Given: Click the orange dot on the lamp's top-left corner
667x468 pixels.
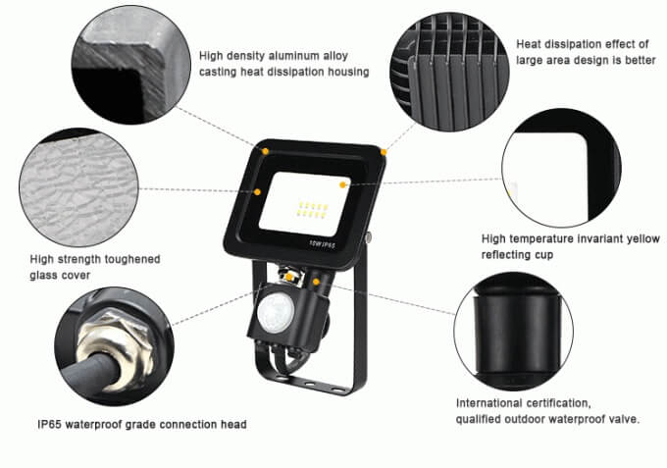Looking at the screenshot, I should tap(266, 151).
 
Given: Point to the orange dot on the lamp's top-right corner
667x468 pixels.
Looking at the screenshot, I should tap(385, 152).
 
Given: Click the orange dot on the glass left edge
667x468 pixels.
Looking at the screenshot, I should tap(257, 192).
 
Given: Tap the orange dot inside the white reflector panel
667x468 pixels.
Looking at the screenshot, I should tap(342, 183).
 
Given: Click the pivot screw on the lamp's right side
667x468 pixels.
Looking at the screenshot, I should tap(371, 237).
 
